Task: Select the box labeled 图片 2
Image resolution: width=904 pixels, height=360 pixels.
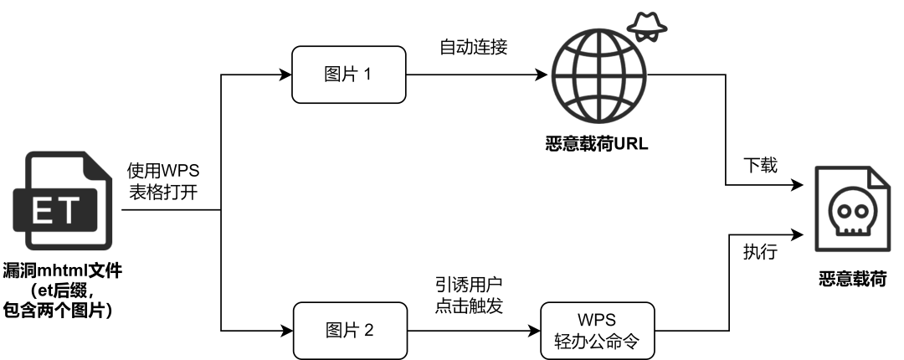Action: (x=348, y=331)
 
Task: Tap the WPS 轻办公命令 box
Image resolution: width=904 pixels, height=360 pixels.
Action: (x=597, y=331)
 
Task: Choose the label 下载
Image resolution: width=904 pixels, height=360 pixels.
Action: (x=761, y=165)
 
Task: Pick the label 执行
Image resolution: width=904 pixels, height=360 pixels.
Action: (x=761, y=250)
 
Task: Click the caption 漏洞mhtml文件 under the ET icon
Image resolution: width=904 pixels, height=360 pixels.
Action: (x=64, y=270)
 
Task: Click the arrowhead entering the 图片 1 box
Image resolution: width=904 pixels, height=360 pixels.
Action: (x=286, y=75)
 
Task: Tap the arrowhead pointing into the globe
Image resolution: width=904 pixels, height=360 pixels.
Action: (x=543, y=75)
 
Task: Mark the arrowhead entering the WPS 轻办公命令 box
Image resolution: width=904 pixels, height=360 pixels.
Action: (x=535, y=331)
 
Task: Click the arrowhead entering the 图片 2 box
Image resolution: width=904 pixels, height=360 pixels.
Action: (x=286, y=331)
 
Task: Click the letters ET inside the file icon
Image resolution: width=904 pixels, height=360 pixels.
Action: (x=60, y=212)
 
